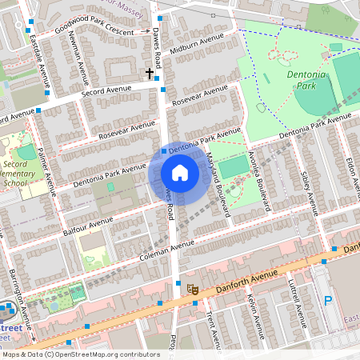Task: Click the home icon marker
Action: [x=180, y=173]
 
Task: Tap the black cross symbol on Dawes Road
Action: [x=149, y=74]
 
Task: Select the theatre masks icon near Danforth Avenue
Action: [x=192, y=289]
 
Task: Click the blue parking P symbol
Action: [x=327, y=301]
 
